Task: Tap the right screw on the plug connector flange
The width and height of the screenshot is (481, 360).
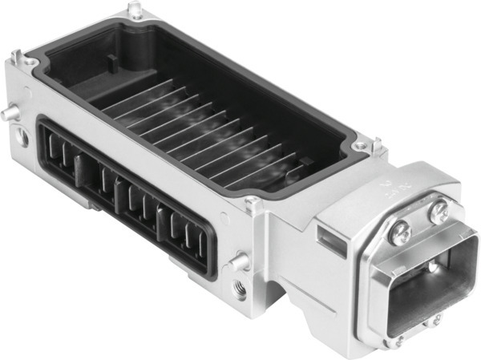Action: tap(438, 212)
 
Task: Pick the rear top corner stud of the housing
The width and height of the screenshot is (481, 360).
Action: tap(135, 10)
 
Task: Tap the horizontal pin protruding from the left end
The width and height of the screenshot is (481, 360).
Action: tap(9, 114)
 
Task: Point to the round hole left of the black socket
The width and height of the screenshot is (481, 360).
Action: tap(23, 137)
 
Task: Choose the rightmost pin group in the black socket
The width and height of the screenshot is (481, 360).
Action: tap(188, 233)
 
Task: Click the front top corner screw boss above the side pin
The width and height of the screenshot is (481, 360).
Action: tap(253, 203)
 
